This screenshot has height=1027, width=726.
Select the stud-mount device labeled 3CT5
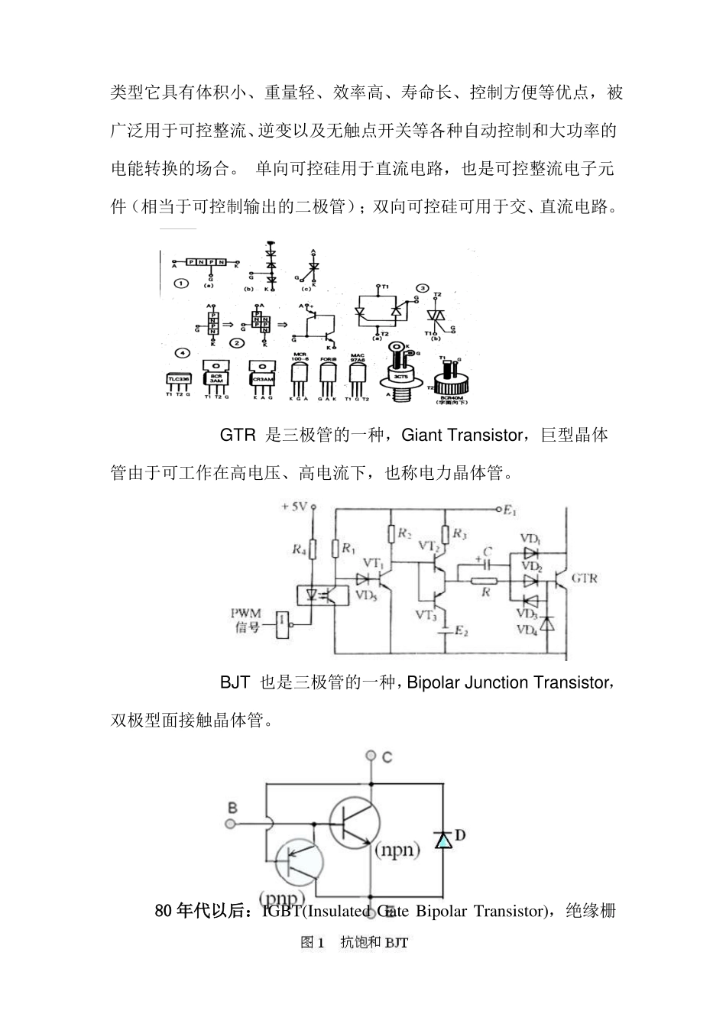pyautogui.click(x=398, y=374)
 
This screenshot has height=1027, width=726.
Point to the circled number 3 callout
pyautogui.click(x=422, y=288)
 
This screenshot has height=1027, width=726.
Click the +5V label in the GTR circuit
pyautogui.click(x=294, y=507)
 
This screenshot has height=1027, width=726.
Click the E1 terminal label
pyautogui.click(x=510, y=510)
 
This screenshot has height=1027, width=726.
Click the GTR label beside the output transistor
pyautogui.click(x=585, y=578)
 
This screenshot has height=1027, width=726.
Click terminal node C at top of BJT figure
pyautogui.click(x=371, y=756)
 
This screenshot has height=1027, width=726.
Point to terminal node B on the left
pyautogui.click(x=230, y=823)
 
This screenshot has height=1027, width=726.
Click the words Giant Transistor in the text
pyautogui.click(x=461, y=436)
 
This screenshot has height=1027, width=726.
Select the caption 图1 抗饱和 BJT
pyautogui.click(x=355, y=943)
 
